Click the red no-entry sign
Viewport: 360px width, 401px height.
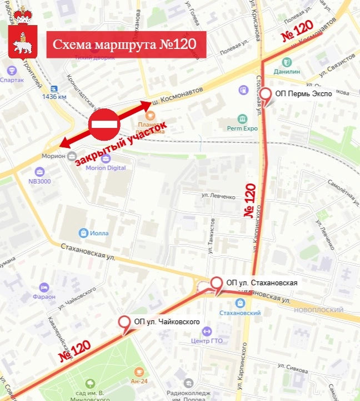coord(104,125)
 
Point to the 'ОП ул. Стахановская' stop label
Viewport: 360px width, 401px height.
coord(262,283)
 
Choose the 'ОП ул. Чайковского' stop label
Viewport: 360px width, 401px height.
coord(167,321)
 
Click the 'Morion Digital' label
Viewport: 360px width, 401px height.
coord(106,167)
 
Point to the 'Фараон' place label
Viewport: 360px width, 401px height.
coord(44,296)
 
